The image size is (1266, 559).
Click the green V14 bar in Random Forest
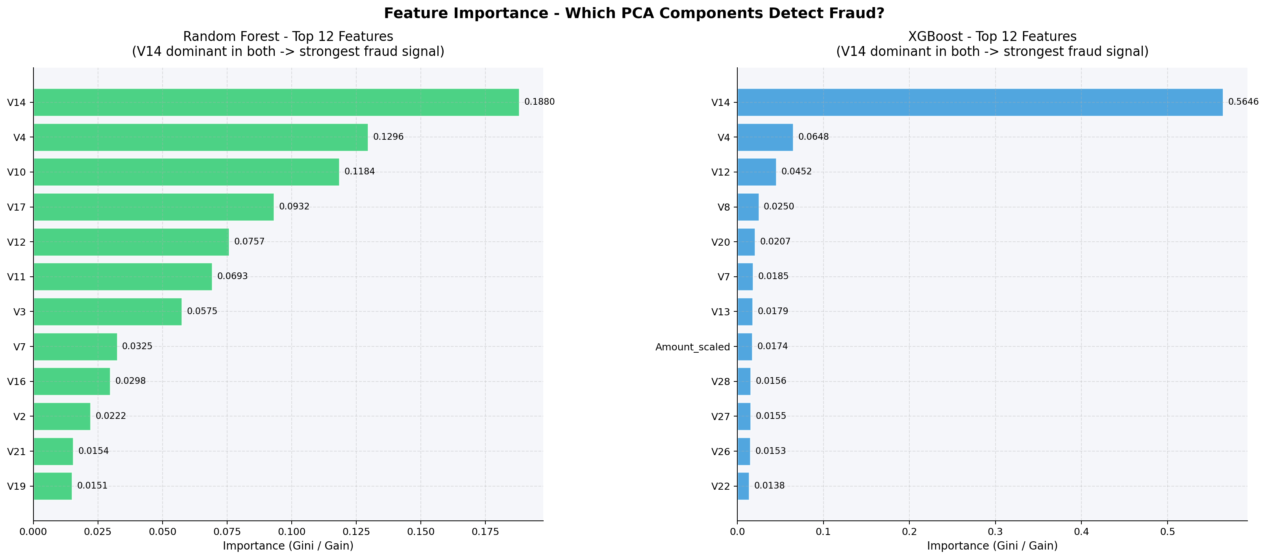click(x=276, y=102)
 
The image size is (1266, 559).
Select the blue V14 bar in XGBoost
click(x=979, y=102)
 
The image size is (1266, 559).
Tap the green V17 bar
click(x=154, y=207)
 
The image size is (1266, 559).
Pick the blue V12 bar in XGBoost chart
click(x=756, y=172)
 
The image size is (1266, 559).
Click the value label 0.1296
click(x=388, y=137)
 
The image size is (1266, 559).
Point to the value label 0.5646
click(x=1243, y=102)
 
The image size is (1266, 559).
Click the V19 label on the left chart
click(x=16, y=487)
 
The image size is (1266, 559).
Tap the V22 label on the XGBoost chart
click(x=720, y=487)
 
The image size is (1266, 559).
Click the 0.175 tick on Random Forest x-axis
click(x=485, y=532)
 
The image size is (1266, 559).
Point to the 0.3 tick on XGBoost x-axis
click(x=995, y=532)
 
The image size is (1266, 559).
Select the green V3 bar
click(x=107, y=312)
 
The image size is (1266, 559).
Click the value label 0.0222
click(x=111, y=416)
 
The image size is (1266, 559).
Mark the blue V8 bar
click(x=748, y=207)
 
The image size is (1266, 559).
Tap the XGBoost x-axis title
click(x=992, y=546)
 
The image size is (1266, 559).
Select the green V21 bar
click(x=53, y=451)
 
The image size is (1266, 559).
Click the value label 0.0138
click(x=769, y=486)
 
